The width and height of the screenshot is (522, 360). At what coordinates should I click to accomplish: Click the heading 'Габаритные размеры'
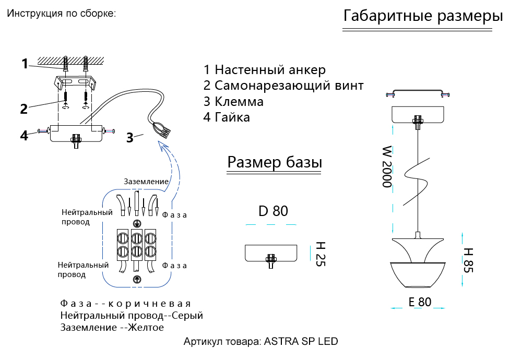423,16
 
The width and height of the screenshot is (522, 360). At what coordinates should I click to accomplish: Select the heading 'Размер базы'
275,163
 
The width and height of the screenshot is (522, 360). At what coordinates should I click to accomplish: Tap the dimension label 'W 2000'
386,167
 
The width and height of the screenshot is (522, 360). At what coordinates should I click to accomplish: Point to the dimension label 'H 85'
468,260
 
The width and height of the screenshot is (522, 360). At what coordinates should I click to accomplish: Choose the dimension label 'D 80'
273,211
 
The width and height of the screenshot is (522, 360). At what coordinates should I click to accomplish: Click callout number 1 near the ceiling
25,64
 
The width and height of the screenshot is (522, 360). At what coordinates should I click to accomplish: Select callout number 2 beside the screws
23,109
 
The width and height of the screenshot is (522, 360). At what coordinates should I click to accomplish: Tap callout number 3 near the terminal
129,138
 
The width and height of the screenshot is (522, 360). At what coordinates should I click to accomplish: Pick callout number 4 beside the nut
23,136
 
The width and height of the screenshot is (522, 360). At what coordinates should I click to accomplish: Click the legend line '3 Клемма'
233,102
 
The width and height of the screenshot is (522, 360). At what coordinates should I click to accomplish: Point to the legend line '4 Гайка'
227,117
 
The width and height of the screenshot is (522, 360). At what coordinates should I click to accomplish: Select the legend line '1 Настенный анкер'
264,70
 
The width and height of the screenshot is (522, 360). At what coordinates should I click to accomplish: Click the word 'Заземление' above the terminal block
146,182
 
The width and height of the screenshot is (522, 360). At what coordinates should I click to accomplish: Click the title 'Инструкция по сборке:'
61,13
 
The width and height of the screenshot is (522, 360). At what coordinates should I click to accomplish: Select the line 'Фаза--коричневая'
125,304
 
